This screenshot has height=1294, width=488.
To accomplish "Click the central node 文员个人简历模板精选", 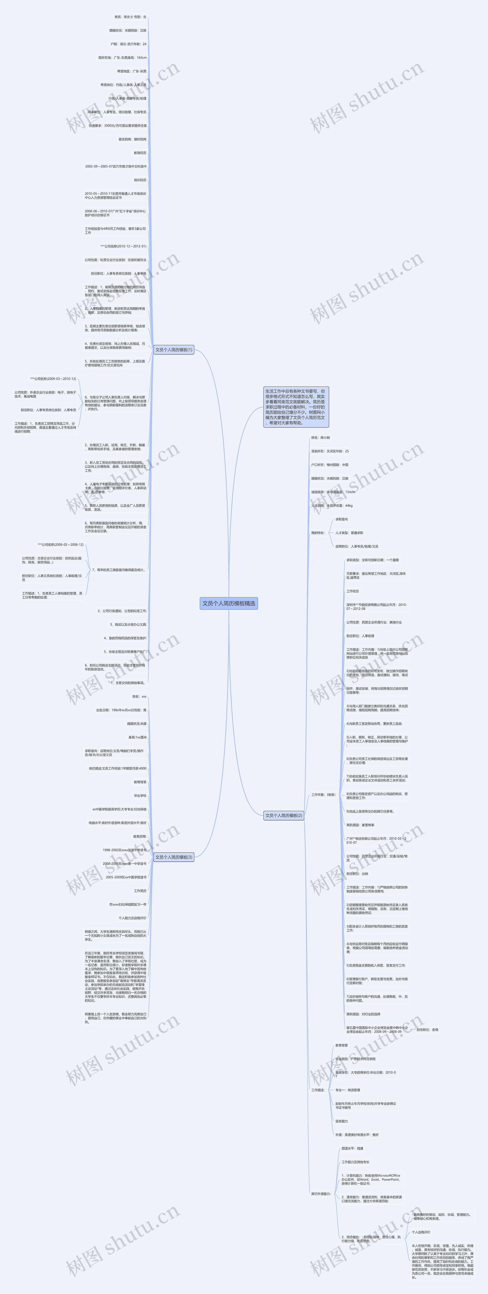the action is click(229, 603).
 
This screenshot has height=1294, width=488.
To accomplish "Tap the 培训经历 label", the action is click(140, 180).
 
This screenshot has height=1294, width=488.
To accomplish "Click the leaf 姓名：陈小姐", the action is click(321, 438).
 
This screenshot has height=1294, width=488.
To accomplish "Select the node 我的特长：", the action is click(318, 532).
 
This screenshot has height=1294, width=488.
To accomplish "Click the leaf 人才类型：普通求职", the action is click(349, 532).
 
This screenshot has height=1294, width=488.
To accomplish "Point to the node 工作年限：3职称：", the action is click(323, 795).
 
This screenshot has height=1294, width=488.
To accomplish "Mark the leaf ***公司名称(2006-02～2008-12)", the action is click(60, 545).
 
